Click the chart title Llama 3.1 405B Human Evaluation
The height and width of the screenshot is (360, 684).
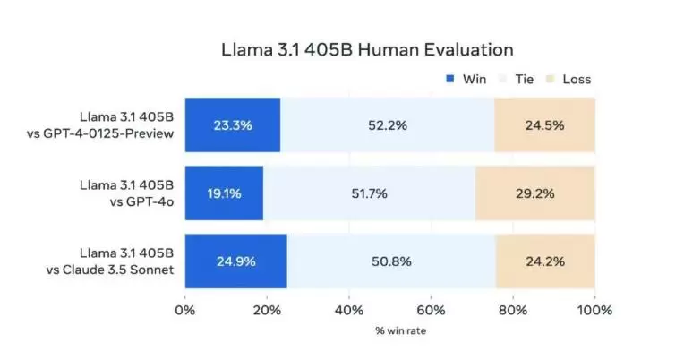tap(367, 49)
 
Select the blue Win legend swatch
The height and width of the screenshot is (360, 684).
tap(449, 79)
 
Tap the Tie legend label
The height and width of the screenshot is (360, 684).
tap(525, 79)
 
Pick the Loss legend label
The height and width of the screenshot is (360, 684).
tap(577, 79)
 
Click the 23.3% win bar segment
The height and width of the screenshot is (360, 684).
tap(233, 124)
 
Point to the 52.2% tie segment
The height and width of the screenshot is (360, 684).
tap(388, 124)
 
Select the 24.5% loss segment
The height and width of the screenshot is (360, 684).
tap(544, 124)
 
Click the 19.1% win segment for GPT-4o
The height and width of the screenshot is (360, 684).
tap(224, 193)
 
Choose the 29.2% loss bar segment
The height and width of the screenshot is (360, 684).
tap(534, 193)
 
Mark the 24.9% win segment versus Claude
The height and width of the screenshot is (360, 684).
tap(235, 261)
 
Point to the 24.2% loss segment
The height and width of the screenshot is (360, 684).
tap(545, 261)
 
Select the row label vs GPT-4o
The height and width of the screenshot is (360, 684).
tap(146, 201)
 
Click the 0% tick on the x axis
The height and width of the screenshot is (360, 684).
tap(184, 311)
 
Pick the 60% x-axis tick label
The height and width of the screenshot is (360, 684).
tap(431, 311)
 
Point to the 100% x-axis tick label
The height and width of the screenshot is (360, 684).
tap(594, 311)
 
